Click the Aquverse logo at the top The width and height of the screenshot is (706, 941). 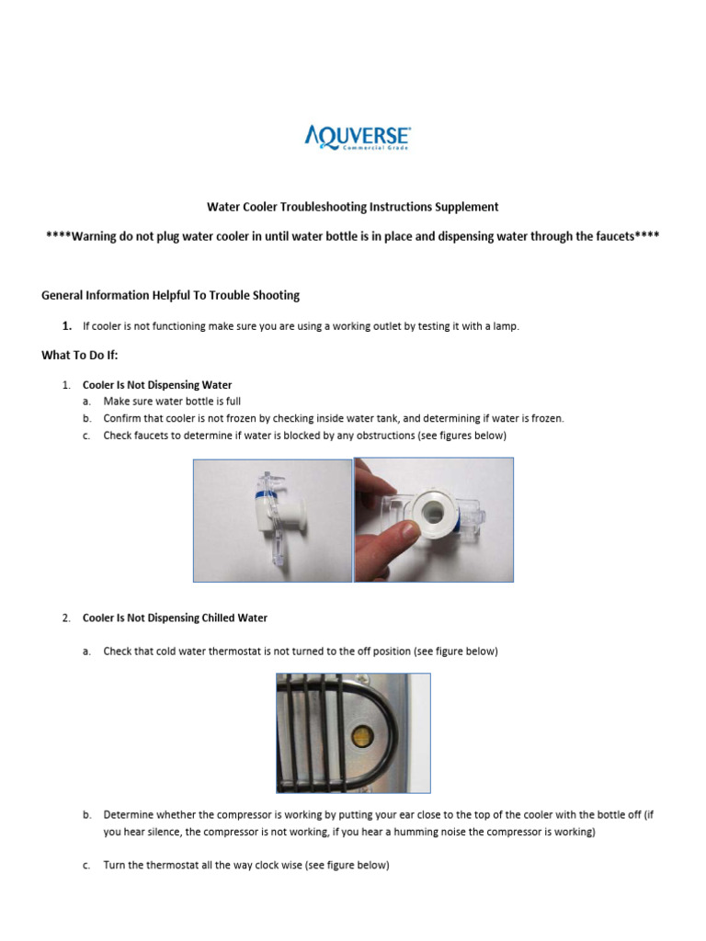[x=357, y=137]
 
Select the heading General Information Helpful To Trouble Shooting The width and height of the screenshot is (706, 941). [x=170, y=295]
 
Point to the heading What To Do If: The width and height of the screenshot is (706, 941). [x=80, y=355]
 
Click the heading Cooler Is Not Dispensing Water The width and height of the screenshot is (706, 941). [x=157, y=385]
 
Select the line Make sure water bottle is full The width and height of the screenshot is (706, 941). [x=172, y=402]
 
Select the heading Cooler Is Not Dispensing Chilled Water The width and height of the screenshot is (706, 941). [x=175, y=618]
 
